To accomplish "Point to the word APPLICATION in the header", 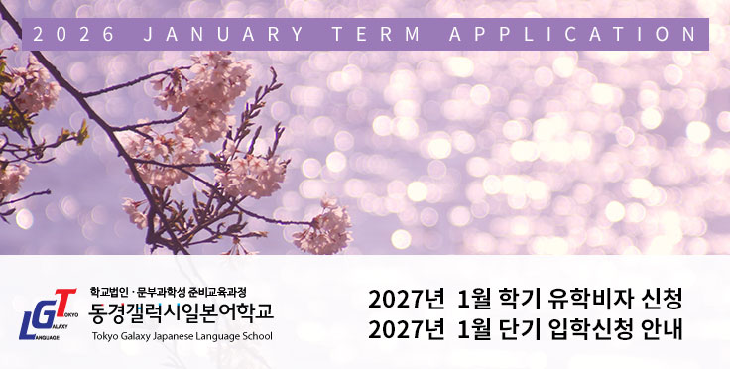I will (x=572, y=35).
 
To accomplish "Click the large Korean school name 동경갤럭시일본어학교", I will (x=182, y=314).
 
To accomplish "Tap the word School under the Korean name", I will (x=260, y=336).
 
